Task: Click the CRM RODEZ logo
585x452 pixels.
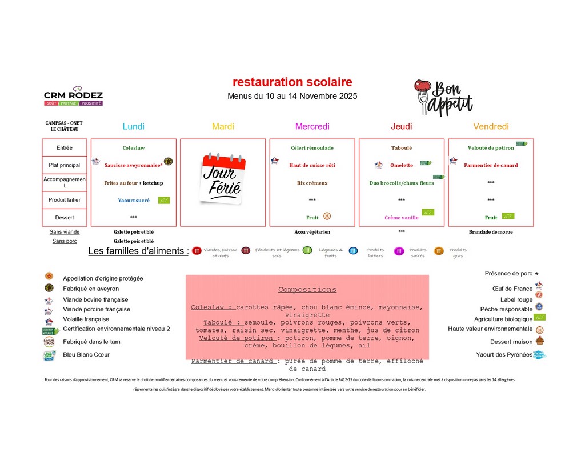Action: [73, 97]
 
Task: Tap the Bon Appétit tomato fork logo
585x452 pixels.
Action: [443, 97]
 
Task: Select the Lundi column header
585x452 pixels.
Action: [133, 126]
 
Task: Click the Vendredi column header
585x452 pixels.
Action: [491, 126]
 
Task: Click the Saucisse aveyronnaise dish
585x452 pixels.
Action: [133, 165]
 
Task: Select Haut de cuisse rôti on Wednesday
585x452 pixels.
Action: [312, 165]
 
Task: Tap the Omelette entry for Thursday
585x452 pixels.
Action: [401, 165]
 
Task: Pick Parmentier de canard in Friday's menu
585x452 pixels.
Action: [491, 165]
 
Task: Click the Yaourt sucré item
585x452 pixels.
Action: [134, 201]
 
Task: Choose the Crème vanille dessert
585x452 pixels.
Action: [401, 218]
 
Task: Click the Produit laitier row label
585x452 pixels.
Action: [65, 200]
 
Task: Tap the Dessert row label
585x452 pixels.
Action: [65, 218]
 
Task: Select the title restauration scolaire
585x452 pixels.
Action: [292, 82]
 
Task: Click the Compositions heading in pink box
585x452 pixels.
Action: [307, 290]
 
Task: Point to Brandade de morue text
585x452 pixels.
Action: [491, 232]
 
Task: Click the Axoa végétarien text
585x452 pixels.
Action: [312, 232]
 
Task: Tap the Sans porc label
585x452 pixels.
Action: [64, 241]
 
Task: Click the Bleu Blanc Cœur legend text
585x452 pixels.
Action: [86, 355]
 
